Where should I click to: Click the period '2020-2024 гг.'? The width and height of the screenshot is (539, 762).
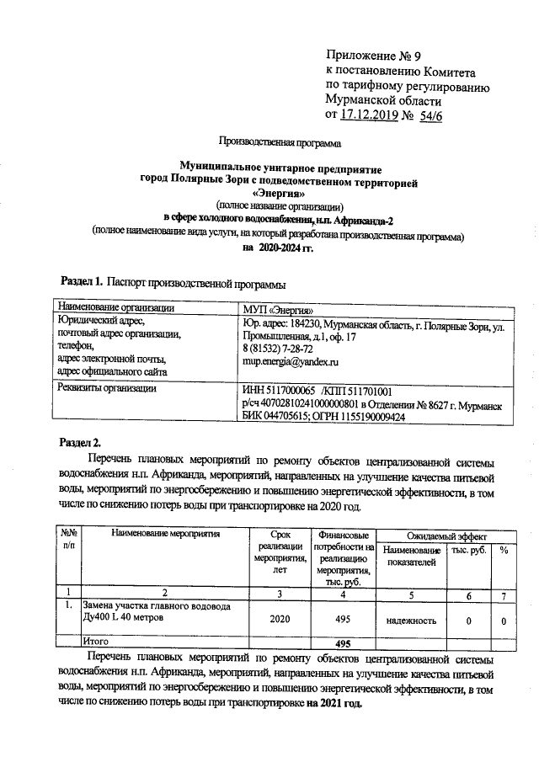277,248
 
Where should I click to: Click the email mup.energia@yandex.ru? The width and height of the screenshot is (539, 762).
290,361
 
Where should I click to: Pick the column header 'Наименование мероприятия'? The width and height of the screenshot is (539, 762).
165,534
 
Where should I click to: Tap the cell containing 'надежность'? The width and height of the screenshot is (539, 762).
411,621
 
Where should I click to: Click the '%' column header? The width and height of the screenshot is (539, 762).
503,549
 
